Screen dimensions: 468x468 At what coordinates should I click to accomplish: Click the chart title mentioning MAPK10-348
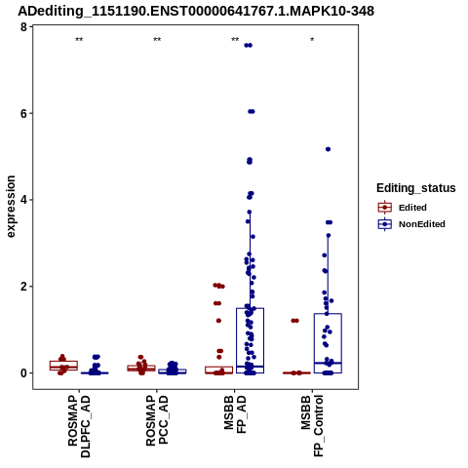(196, 11)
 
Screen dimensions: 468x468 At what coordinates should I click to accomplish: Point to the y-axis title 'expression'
(11, 207)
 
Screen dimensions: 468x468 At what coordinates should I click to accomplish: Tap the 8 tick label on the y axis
(23, 27)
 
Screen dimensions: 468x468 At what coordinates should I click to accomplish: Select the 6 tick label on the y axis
(23, 113)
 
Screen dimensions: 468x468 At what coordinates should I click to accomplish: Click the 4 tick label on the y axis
(23, 200)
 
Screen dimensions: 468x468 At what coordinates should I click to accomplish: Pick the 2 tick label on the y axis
(23, 287)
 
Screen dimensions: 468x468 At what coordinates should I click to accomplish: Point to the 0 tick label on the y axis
(23, 372)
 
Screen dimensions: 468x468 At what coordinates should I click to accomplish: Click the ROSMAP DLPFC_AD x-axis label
(79, 426)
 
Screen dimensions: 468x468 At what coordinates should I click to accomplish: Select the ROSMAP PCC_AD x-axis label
(157, 420)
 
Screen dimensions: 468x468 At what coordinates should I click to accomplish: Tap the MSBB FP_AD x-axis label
(235, 414)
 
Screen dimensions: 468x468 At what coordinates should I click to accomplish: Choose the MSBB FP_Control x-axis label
(313, 426)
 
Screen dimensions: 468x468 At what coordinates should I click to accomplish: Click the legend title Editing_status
(416, 188)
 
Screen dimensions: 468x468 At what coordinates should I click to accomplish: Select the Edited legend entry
(403, 208)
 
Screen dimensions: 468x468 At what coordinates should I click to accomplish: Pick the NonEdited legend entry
(411, 224)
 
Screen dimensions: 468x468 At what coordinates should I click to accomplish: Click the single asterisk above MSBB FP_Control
(312, 40)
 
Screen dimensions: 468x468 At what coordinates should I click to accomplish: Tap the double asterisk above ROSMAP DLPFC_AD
(79, 40)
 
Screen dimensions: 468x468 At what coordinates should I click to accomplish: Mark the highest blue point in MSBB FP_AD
(249, 46)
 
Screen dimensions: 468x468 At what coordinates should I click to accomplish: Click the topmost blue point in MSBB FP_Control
(328, 149)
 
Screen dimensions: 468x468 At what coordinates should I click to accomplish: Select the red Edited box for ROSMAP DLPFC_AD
(63, 366)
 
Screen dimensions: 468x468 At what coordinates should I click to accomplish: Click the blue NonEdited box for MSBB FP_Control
(328, 343)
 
